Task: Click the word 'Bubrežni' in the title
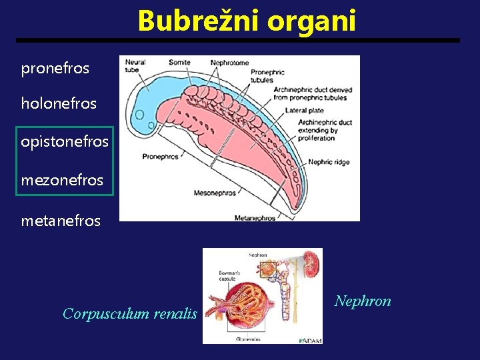(x=199, y=21)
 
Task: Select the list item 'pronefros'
(x=55, y=68)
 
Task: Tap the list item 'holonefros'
(x=59, y=103)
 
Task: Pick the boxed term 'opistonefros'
(x=65, y=142)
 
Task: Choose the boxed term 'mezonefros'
(x=62, y=179)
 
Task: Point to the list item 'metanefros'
(x=61, y=220)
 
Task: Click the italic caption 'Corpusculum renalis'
(x=130, y=313)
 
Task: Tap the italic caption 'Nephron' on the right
(x=363, y=301)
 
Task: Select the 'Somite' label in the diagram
(x=179, y=63)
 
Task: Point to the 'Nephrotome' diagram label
(x=229, y=63)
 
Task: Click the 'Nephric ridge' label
(x=329, y=162)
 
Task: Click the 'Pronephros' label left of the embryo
(x=160, y=157)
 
